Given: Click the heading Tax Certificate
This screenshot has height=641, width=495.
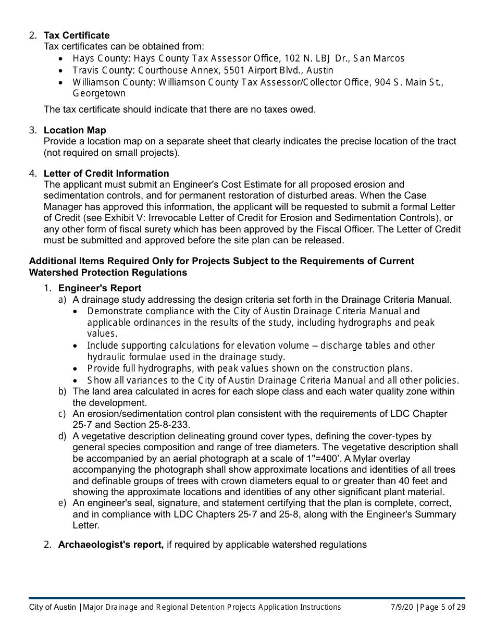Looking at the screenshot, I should (77, 35).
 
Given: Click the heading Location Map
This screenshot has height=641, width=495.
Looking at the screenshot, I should (75, 130).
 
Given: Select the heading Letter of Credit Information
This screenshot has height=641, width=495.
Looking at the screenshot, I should (106, 174).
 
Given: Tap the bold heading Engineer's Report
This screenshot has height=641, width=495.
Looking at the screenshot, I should (100, 288).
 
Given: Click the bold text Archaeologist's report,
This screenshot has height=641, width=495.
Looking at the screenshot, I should (111, 545).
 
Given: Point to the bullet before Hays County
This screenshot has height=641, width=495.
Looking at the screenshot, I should (62, 59).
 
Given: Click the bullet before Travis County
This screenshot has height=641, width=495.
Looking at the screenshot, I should (62, 70).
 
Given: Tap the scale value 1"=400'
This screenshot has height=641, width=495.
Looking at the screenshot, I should (327, 459).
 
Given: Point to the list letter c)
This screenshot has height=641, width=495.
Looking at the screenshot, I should (62, 414).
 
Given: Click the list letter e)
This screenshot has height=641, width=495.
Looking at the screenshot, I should (62, 503).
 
